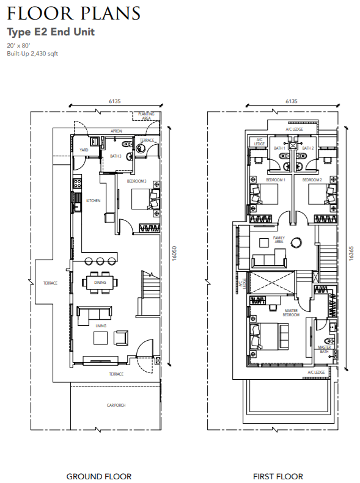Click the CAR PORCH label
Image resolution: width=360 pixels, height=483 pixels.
(x=116, y=405)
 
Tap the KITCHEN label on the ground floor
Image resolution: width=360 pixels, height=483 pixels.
(x=93, y=200)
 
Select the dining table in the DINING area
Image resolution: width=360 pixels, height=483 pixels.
(x=100, y=283)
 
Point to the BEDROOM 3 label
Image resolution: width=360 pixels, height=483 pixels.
(x=136, y=181)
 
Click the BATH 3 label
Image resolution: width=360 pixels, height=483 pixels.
(x=116, y=156)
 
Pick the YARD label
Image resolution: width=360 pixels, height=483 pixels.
(x=84, y=150)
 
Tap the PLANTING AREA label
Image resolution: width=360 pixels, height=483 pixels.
(x=147, y=116)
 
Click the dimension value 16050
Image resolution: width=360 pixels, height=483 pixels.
(x=174, y=253)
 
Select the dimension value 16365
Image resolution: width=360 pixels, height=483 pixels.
(x=351, y=253)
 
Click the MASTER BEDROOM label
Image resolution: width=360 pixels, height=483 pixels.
(x=291, y=313)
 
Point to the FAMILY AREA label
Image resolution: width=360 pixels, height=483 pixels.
(x=279, y=239)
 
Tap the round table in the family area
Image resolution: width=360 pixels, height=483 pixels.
(x=297, y=242)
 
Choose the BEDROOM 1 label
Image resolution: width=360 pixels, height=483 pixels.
(x=276, y=180)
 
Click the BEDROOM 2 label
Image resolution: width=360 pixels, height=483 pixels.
(x=312, y=180)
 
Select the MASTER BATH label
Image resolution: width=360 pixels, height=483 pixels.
(x=325, y=349)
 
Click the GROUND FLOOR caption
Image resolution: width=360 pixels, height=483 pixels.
(x=99, y=476)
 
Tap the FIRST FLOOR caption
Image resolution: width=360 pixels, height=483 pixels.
(x=278, y=476)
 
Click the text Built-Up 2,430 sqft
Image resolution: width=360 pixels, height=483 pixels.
(x=32, y=54)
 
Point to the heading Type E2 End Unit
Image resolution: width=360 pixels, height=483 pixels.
(x=51, y=32)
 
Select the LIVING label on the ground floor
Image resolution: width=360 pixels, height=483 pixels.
(x=101, y=325)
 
